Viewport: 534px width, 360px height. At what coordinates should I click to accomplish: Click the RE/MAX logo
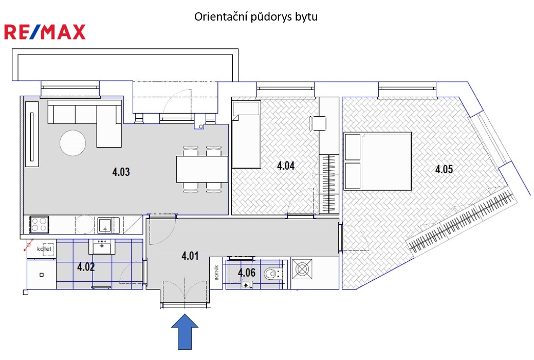click(45, 32)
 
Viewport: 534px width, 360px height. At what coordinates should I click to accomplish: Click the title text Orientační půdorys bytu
click(256, 16)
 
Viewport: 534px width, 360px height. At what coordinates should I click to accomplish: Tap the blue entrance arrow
click(185, 332)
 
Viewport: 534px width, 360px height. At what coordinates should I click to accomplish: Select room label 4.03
click(121, 171)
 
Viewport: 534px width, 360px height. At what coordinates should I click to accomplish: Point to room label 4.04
click(285, 166)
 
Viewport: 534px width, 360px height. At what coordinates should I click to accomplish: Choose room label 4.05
click(444, 169)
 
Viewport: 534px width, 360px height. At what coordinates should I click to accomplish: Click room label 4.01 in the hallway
click(190, 256)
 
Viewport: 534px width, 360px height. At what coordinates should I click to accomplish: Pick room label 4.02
click(86, 266)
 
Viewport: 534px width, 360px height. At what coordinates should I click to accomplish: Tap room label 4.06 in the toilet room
click(246, 273)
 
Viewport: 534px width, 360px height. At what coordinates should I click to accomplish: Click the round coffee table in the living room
click(72, 143)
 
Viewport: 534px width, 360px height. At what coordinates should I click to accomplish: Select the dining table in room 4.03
click(202, 169)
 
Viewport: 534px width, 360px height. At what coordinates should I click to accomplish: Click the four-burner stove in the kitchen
click(39, 225)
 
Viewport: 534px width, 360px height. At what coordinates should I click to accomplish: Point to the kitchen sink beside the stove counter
click(105, 225)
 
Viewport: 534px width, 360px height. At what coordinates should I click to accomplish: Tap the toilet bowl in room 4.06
click(273, 273)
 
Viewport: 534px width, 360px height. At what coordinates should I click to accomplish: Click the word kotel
click(44, 249)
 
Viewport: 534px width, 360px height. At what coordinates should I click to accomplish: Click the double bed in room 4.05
click(378, 161)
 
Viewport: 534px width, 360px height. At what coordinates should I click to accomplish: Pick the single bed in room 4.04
click(246, 134)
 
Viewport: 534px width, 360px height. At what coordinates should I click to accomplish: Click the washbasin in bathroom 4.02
click(102, 246)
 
